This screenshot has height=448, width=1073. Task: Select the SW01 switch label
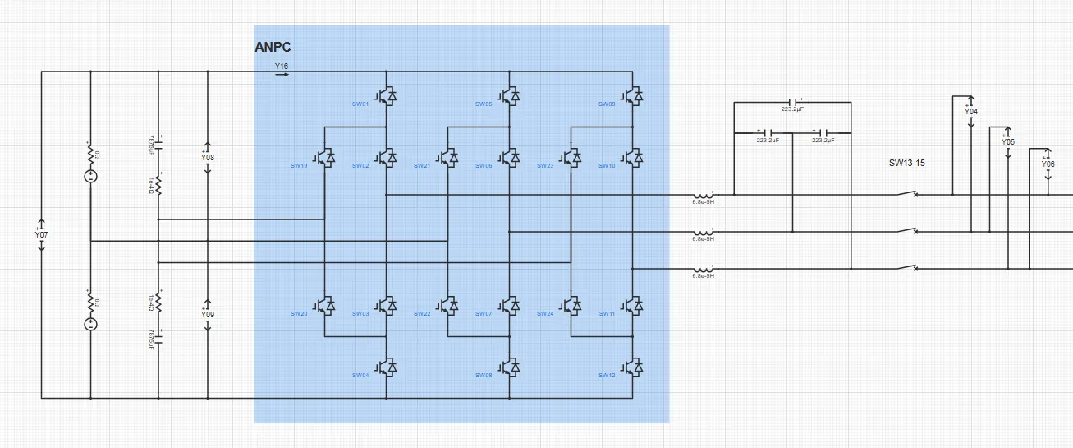coord(360,104)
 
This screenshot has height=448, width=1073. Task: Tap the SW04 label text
coord(360,376)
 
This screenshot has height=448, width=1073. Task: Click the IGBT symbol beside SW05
coord(510,96)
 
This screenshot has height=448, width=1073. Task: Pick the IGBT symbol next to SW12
coord(633,367)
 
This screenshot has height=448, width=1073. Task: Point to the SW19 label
coord(299,166)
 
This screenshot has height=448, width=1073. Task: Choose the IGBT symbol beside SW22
coord(448,306)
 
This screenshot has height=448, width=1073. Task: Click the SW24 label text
coord(545,314)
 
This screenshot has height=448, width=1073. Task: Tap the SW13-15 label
coord(907,163)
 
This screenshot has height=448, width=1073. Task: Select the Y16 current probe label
coord(282,65)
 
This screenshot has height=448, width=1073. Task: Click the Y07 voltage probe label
coord(41,235)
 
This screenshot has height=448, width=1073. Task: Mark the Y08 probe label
coord(208,156)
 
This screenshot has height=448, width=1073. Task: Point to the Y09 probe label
coord(208,315)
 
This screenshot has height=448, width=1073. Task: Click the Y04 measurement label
coord(971,111)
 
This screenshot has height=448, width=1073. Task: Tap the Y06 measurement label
coord(1048,164)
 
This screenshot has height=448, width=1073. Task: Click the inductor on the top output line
coord(702,195)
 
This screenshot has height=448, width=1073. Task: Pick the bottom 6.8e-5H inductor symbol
coord(702,269)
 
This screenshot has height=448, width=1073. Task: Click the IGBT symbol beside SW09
coord(633,96)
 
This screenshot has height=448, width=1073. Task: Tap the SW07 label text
coord(484,314)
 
